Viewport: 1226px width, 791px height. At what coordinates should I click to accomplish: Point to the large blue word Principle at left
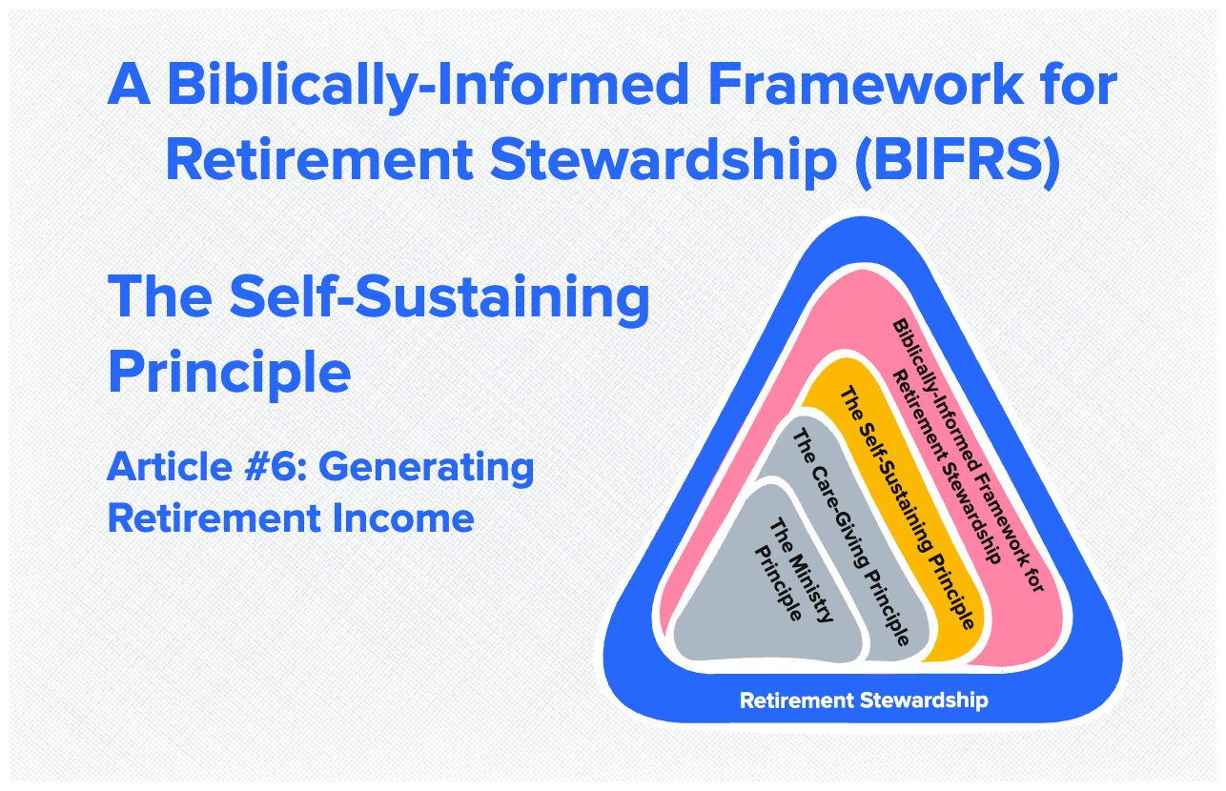click(x=229, y=372)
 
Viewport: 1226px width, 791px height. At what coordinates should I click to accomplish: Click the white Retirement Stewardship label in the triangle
click(x=864, y=701)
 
